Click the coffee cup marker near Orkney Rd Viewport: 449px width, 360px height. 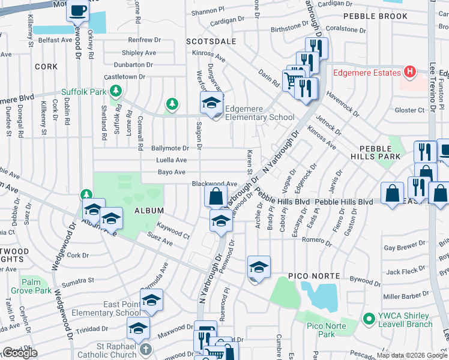77,11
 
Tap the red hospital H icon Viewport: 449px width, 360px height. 410,73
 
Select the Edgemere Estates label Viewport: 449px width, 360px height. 367,73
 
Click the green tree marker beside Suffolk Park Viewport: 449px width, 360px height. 115,92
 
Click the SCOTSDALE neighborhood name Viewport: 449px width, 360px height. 211,42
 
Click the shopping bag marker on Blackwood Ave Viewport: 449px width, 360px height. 216,196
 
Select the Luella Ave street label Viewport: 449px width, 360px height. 172,160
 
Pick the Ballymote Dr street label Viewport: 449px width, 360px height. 170,148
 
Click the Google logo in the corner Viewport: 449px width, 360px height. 20,353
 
